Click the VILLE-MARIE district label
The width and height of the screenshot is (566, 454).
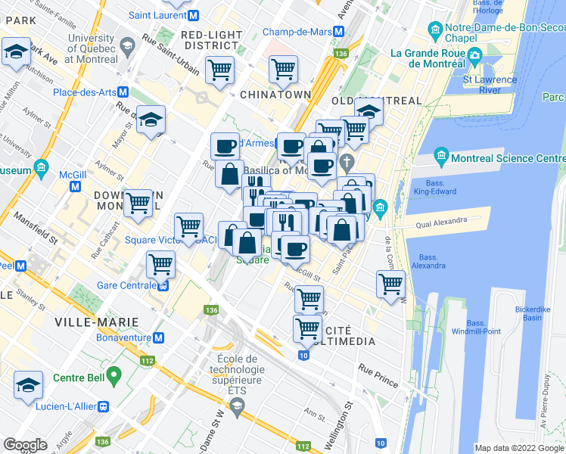pyautogui.click(x=89, y=322)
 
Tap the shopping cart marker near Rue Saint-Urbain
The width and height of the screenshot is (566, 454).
pyautogui.click(x=219, y=70)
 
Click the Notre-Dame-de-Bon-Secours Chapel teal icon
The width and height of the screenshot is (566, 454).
pyautogui.click(x=435, y=31)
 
